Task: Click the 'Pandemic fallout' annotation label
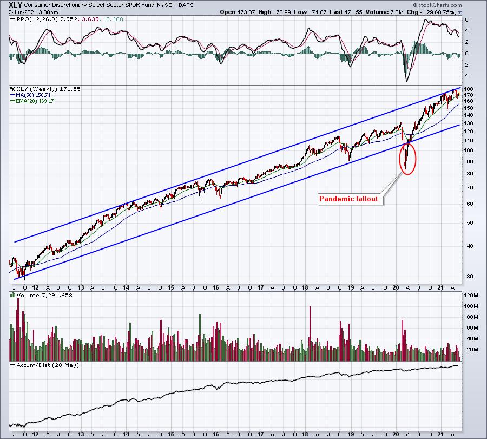tap(348, 199)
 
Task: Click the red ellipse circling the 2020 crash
tap(400, 158)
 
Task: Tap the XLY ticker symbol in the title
tap(15, 5)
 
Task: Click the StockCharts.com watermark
tap(437, 5)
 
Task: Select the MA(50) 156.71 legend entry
tap(33, 95)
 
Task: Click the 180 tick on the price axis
tap(469, 89)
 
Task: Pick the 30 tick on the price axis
tap(468, 276)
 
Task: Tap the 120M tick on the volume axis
tap(471, 295)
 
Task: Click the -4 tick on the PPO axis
tap(466, 75)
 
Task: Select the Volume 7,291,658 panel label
tap(44, 295)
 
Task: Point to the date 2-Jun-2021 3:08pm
tap(33, 12)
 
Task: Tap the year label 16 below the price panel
tap(215, 287)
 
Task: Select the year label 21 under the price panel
tap(440, 287)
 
